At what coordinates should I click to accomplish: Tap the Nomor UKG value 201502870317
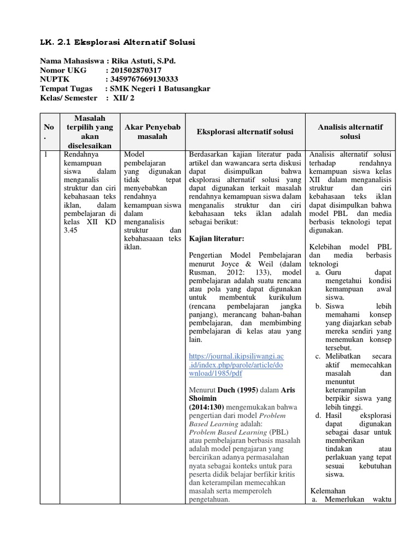(x=136, y=70)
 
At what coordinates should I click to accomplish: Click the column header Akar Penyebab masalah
(x=153, y=131)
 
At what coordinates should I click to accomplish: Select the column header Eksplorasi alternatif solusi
(x=244, y=132)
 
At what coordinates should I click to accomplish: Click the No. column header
(x=49, y=131)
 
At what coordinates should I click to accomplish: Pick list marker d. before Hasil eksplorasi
(x=318, y=416)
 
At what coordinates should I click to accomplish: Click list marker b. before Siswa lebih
(x=318, y=307)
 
